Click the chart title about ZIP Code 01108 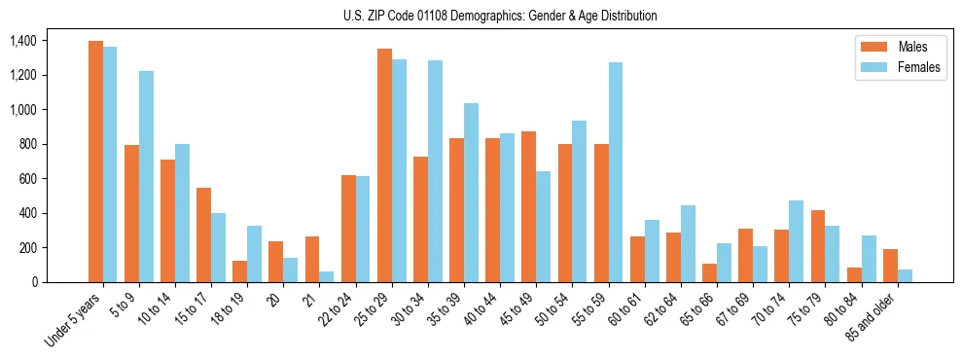click(x=500, y=16)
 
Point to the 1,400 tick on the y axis click(x=22, y=41)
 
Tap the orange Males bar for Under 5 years click(x=95, y=162)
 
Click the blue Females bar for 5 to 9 click(x=146, y=176)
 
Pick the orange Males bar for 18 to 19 click(x=240, y=271)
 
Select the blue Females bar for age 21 click(x=327, y=276)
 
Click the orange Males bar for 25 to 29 click(x=384, y=165)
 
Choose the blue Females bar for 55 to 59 click(x=616, y=172)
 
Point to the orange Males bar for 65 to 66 click(x=710, y=272)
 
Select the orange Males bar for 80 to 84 click(x=854, y=274)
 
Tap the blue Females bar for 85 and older click(x=905, y=275)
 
